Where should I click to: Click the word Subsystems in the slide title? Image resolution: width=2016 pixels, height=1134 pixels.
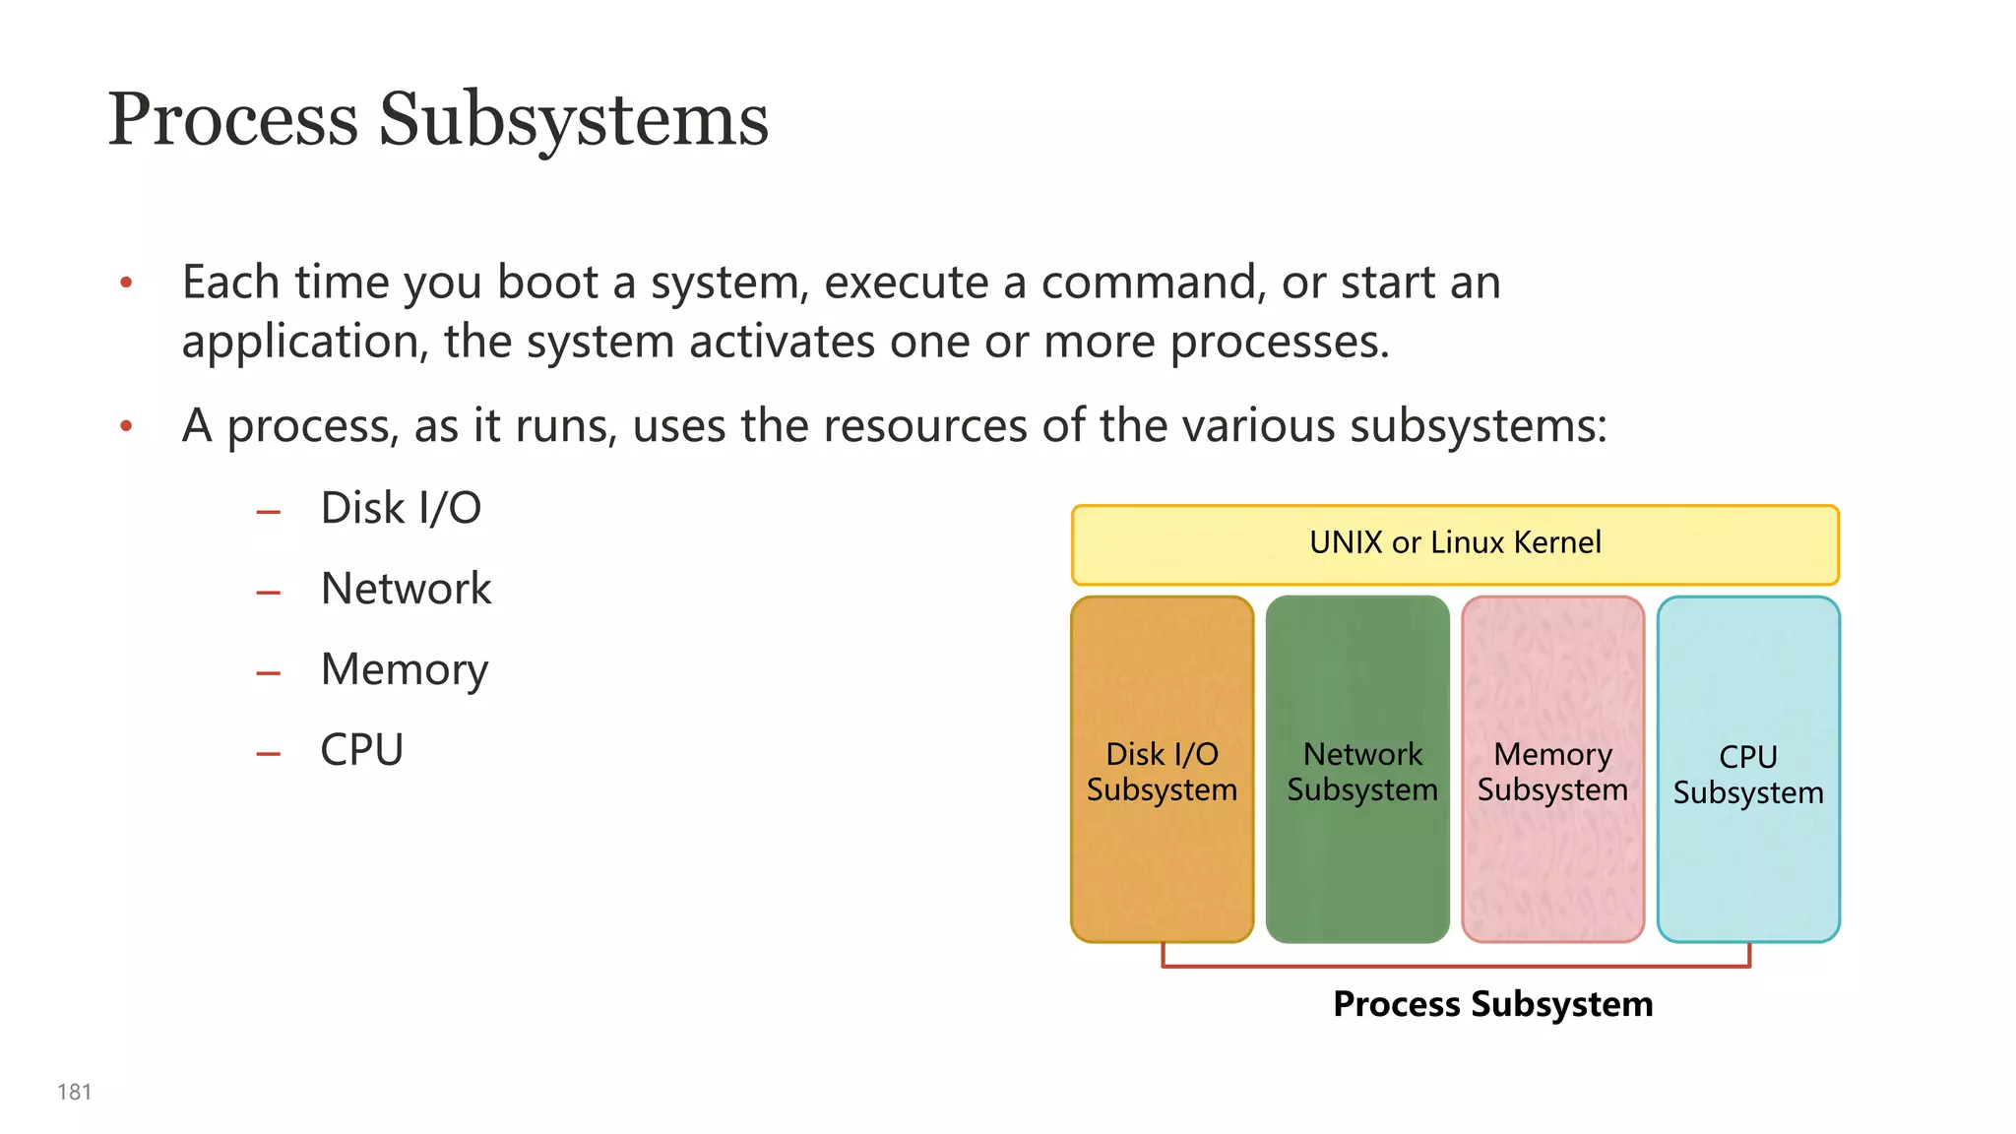coord(573,120)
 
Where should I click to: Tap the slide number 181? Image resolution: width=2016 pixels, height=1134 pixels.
coord(74,1092)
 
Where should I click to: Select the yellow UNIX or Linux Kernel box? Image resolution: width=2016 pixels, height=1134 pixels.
coord(1455,544)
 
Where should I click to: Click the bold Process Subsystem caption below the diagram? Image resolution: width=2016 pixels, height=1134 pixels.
coord(1492,1004)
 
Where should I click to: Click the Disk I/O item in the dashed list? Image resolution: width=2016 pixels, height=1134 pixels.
coord(401,509)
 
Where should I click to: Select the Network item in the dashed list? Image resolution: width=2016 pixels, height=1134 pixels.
coord(406,589)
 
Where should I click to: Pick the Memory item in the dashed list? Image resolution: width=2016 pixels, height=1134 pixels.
coord(404,670)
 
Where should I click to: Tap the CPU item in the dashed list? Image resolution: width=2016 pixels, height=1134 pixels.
coord(361,750)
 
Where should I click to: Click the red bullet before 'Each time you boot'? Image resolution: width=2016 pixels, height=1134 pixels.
coord(126,284)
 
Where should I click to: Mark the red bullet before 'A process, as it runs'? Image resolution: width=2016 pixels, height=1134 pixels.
coord(126,427)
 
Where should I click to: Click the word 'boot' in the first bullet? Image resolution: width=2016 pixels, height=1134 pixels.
coord(547,283)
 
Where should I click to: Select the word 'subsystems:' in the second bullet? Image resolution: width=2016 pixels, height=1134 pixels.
coord(1478,426)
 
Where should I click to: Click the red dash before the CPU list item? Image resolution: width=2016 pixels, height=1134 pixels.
coord(269,755)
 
